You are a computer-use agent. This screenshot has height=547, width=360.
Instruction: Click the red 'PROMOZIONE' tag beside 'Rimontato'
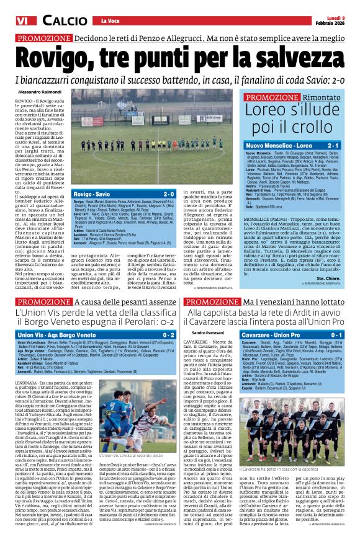tap(272, 97)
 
